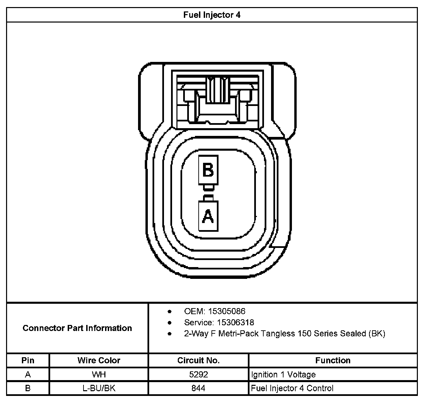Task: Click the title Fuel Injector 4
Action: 212,15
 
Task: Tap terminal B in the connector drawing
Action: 208,170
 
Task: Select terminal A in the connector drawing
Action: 208,216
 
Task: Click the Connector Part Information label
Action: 77,328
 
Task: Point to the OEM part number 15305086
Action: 226,311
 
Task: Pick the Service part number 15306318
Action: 235,323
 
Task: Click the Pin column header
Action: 28,361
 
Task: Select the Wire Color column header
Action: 99,361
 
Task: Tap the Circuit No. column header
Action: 198,361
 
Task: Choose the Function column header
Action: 333,361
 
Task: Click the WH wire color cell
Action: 99,374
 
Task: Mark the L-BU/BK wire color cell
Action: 99,388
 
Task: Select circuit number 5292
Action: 198,374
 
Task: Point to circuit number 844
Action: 198,388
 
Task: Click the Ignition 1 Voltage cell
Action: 283,374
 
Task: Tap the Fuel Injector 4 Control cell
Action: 292,388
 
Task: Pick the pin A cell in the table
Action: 28,374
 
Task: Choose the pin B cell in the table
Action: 28,388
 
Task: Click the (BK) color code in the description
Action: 377,334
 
